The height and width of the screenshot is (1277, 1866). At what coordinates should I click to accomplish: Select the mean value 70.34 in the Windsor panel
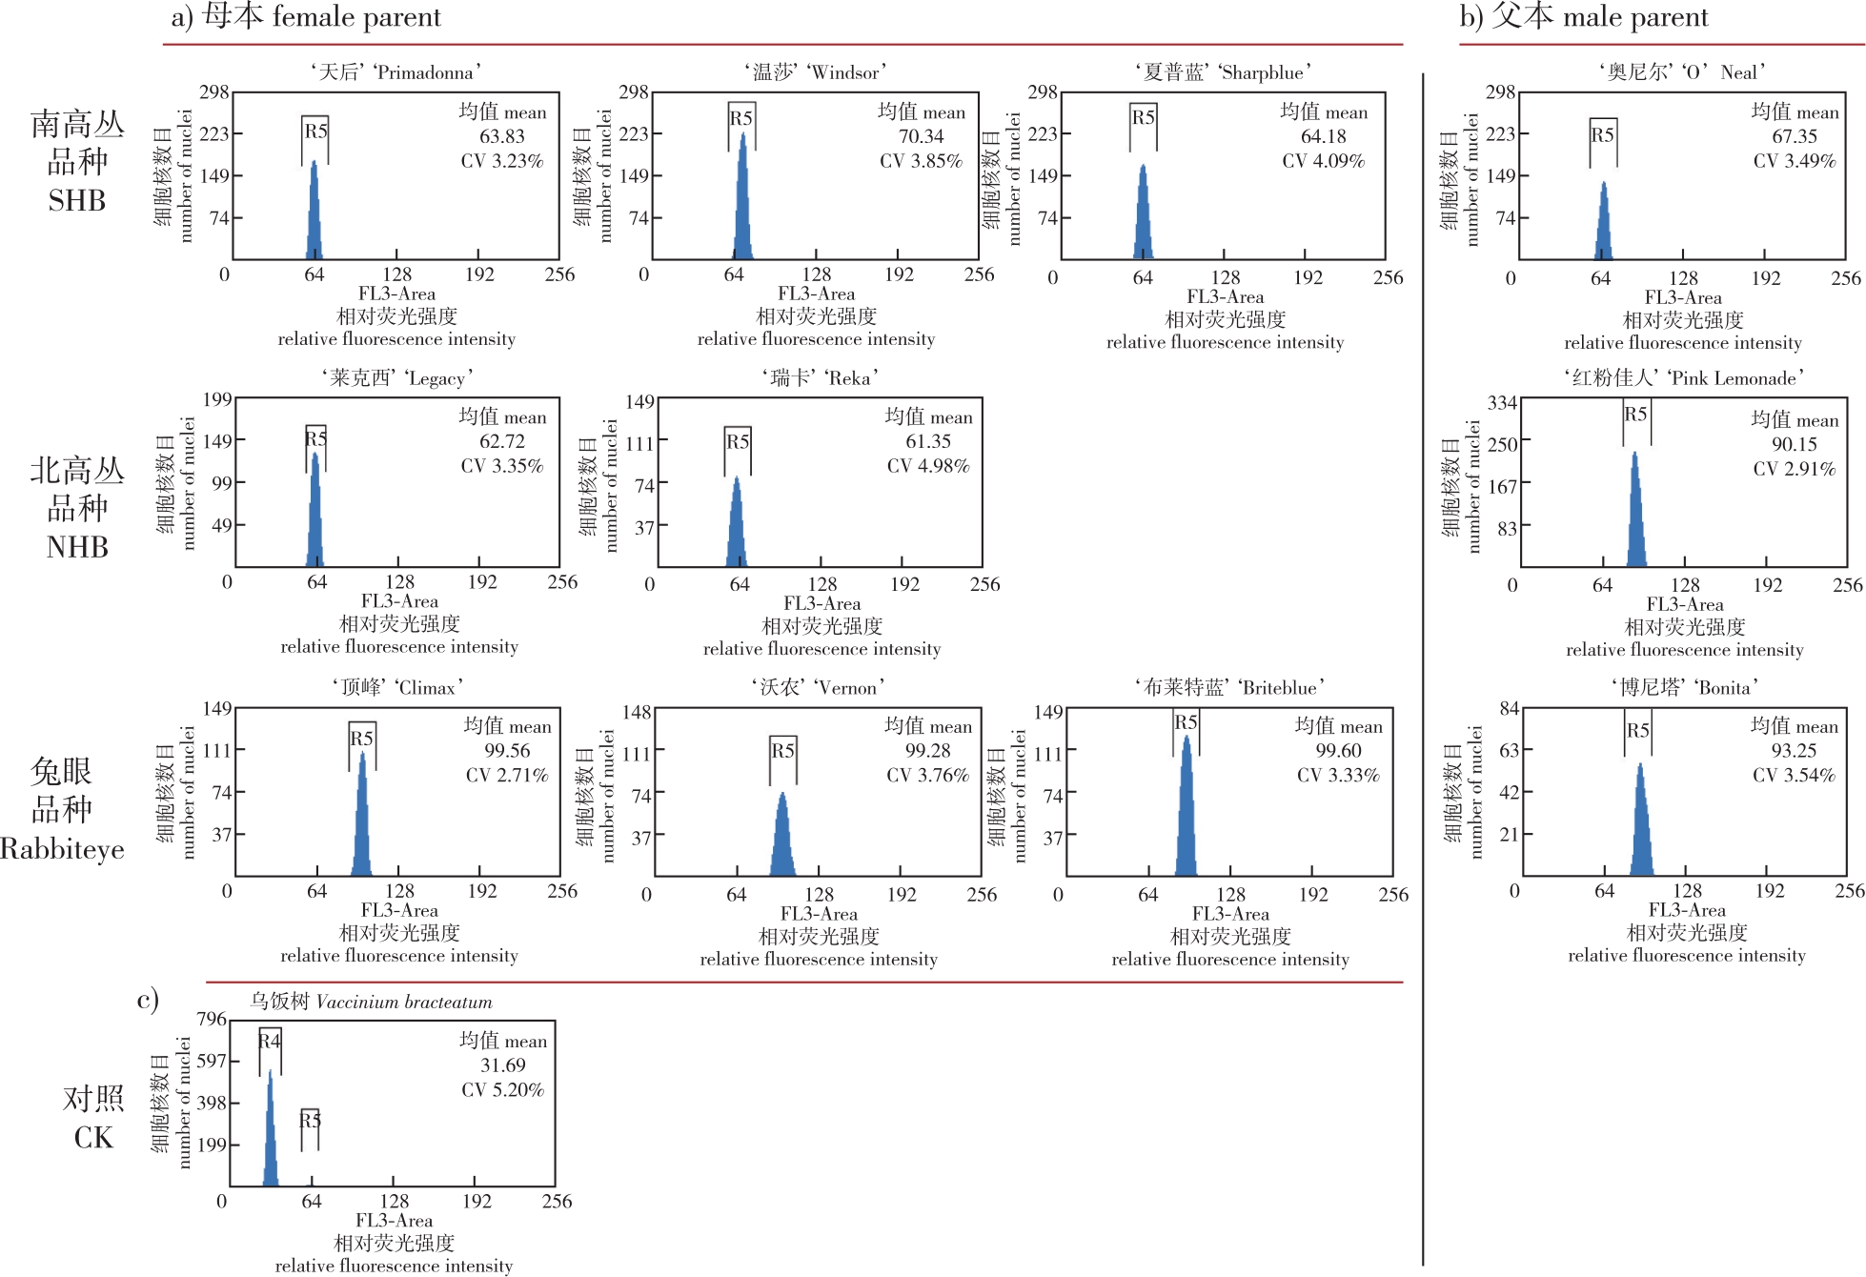tap(921, 136)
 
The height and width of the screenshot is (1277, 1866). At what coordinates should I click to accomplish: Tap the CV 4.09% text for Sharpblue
tap(1323, 161)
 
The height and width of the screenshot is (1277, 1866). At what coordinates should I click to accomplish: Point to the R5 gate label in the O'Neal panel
tap(1602, 134)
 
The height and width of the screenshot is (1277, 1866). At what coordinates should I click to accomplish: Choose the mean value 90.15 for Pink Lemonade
tap(1794, 444)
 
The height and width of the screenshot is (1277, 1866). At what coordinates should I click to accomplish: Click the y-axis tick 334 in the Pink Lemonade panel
tap(1502, 403)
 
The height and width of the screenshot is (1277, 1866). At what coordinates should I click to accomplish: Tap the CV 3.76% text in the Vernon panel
tap(926, 776)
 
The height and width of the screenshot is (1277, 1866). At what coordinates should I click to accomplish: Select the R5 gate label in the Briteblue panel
tap(1186, 722)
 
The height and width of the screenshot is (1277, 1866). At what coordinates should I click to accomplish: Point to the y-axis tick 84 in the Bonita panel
tap(1509, 708)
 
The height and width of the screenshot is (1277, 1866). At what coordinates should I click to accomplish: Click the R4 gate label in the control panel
tap(270, 1041)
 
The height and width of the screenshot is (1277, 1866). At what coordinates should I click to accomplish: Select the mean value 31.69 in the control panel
tap(502, 1065)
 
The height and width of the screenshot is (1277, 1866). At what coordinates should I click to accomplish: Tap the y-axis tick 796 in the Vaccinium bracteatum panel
tap(212, 1019)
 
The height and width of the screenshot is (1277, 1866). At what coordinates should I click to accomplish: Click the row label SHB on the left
tap(77, 200)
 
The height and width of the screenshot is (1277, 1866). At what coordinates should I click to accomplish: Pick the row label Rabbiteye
tap(62, 848)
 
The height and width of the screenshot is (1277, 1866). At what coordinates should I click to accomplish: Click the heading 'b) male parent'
tap(1584, 17)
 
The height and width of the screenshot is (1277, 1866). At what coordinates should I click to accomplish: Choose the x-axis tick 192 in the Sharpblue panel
tap(1308, 277)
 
